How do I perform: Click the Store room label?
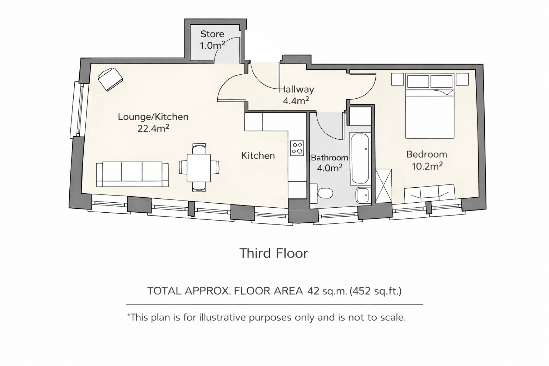point(212,34)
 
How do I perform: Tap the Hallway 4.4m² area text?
point(296,101)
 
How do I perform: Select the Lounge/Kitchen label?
point(153,117)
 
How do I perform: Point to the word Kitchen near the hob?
point(258,155)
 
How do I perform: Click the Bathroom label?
point(329,158)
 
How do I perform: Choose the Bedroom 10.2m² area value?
point(427,166)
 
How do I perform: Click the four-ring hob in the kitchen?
point(297,148)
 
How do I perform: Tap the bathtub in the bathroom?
point(360,158)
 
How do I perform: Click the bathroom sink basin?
point(363,195)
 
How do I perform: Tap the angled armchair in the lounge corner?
point(110,79)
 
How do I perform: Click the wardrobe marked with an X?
point(384,186)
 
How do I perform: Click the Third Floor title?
point(273,253)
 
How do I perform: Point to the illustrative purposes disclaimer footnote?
point(267,317)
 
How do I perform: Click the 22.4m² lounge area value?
point(153,128)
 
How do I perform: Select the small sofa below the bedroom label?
point(430,193)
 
